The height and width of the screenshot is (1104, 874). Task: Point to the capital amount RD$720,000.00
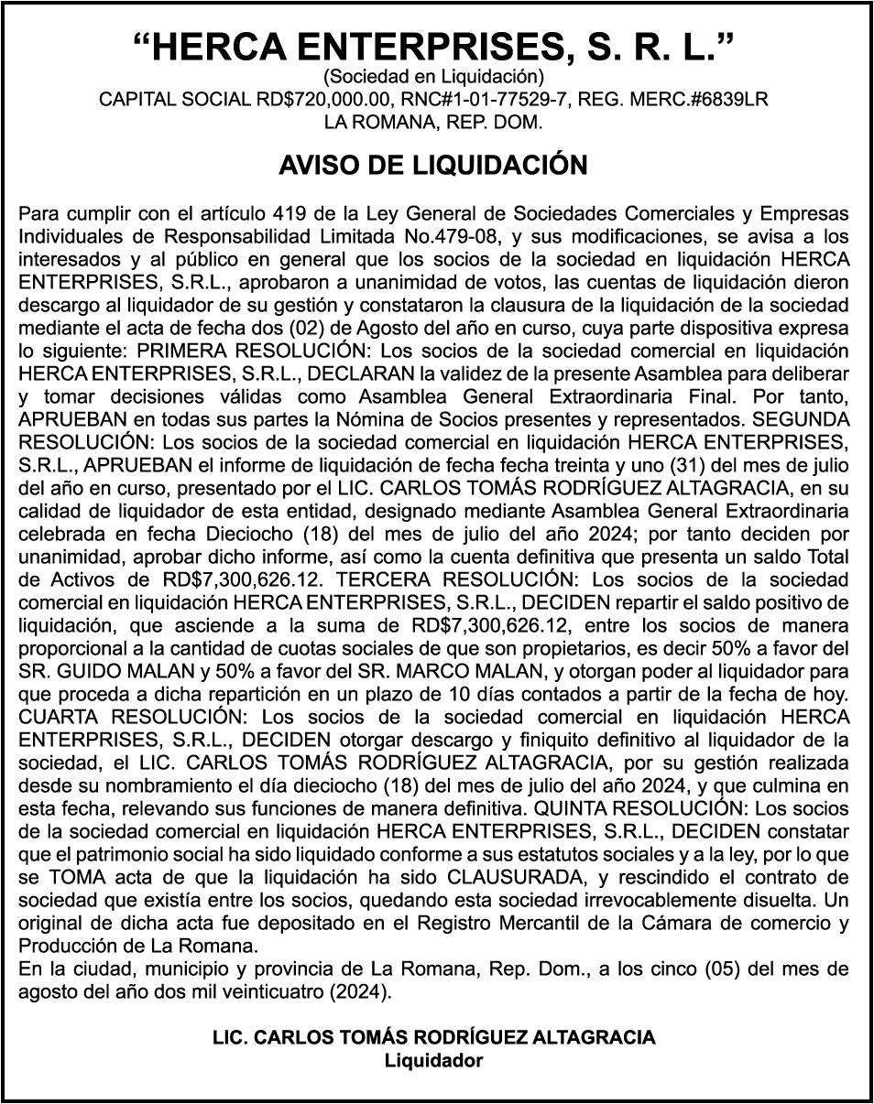click(x=317, y=99)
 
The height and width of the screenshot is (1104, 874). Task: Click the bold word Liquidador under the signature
click(x=433, y=1061)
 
